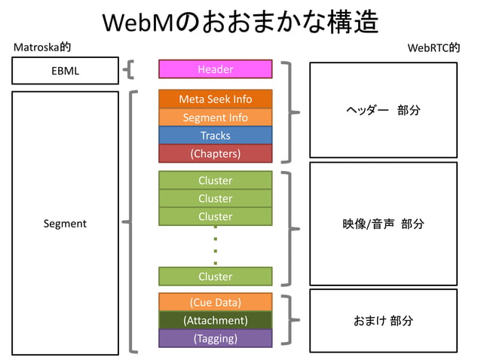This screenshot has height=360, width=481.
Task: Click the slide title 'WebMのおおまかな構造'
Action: [x=240, y=22]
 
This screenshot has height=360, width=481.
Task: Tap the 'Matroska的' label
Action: [x=43, y=47]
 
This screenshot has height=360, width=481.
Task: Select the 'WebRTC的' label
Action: [x=433, y=47]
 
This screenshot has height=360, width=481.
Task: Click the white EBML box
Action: [x=65, y=71]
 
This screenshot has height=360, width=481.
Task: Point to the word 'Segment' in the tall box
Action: [x=65, y=224]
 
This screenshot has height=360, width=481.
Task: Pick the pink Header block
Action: [x=215, y=69]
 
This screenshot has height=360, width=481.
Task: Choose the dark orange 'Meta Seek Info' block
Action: [x=215, y=99]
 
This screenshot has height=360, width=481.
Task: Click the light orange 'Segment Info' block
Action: [x=215, y=117]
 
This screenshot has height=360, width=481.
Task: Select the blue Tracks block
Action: [x=215, y=136]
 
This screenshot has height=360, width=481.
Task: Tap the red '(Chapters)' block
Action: [x=215, y=154]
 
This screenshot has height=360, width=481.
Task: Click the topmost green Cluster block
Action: [x=215, y=181]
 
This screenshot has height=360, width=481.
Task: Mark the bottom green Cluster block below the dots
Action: [x=215, y=276]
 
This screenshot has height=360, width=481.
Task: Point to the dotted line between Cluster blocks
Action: [x=216, y=246]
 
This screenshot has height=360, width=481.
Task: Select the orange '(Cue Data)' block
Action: [x=215, y=303]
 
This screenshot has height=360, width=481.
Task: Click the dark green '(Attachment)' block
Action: [x=215, y=320]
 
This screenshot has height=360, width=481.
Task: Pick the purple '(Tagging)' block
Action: [x=215, y=338]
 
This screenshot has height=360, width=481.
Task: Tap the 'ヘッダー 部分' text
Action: [x=383, y=111]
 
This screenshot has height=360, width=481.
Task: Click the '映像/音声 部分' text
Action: [x=383, y=224]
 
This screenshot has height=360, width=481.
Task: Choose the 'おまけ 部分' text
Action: [x=383, y=321]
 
